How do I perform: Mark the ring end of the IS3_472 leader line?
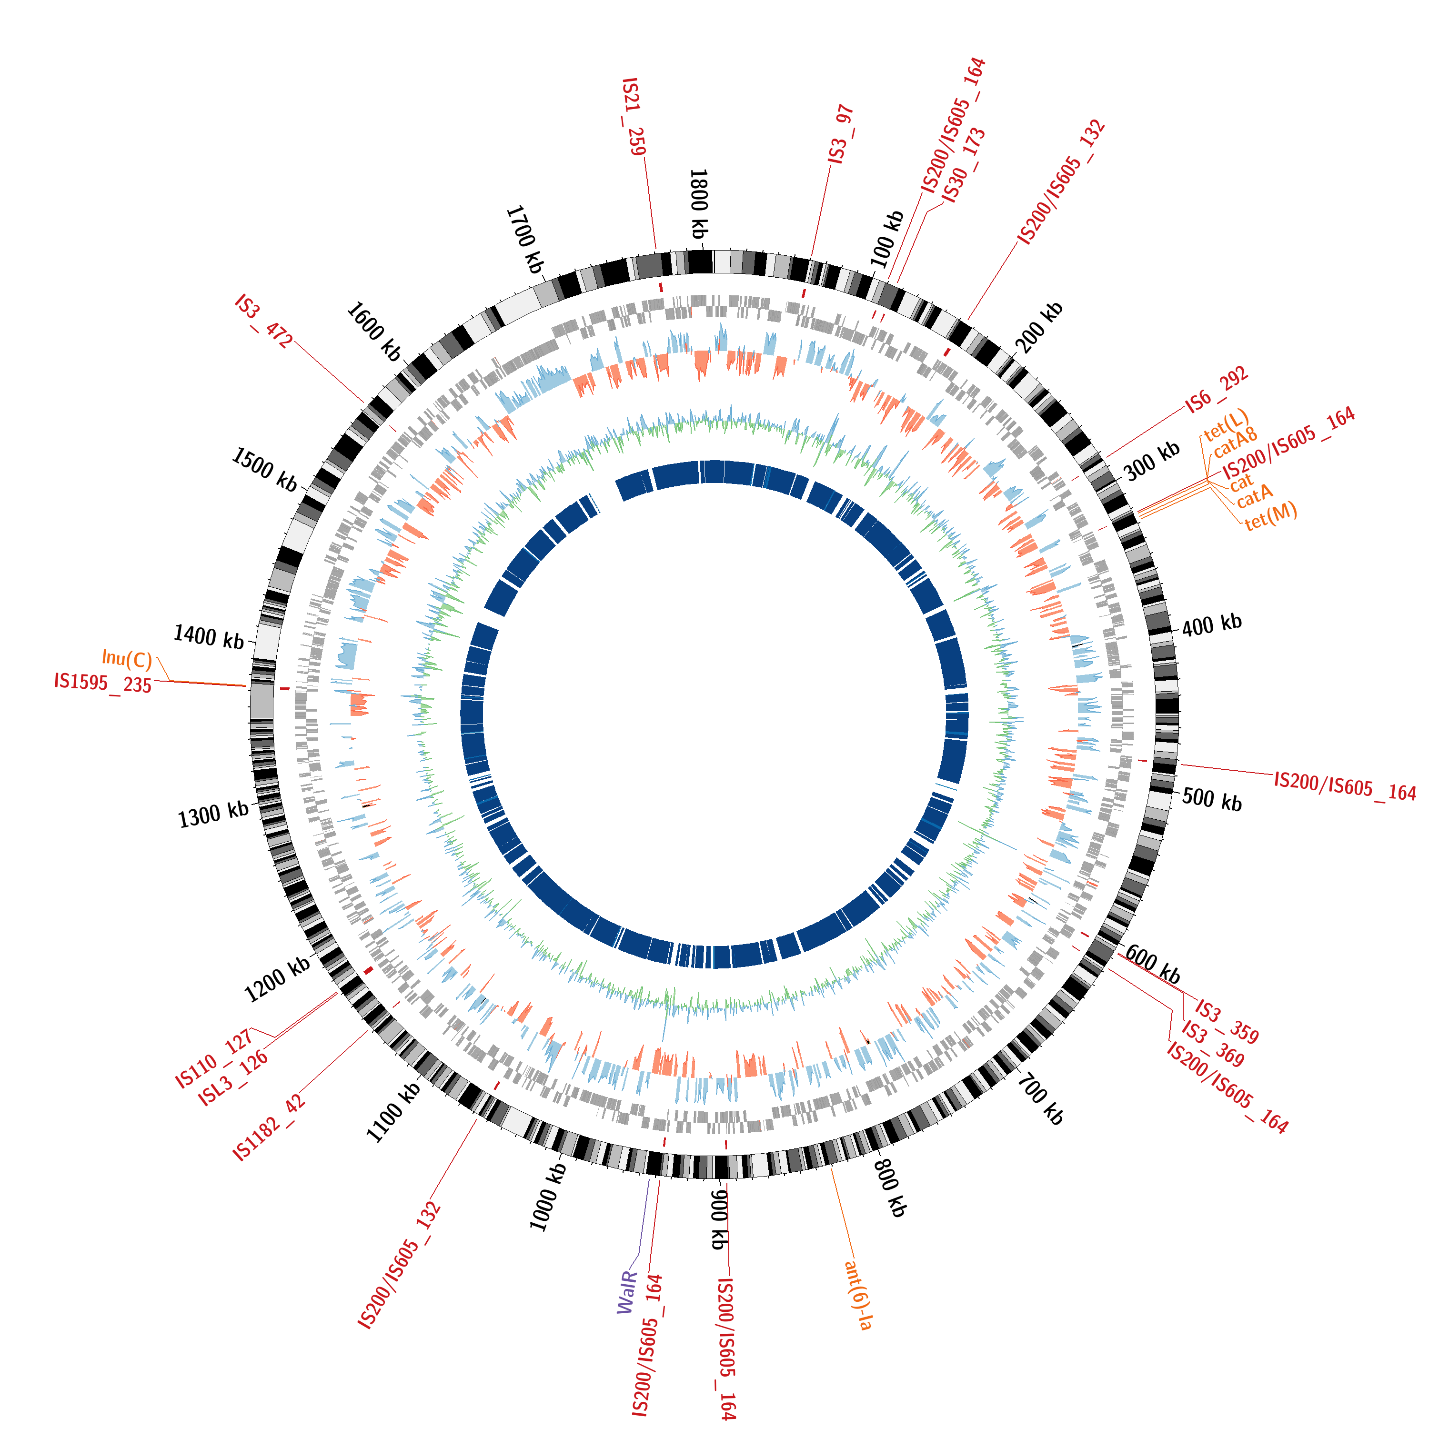[364, 403]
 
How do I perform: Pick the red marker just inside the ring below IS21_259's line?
[661, 286]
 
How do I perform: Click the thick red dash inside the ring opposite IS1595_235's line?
[284, 689]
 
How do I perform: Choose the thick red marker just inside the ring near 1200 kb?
[368, 970]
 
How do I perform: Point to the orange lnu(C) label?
[127, 657]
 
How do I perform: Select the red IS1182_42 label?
[269, 1127]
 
